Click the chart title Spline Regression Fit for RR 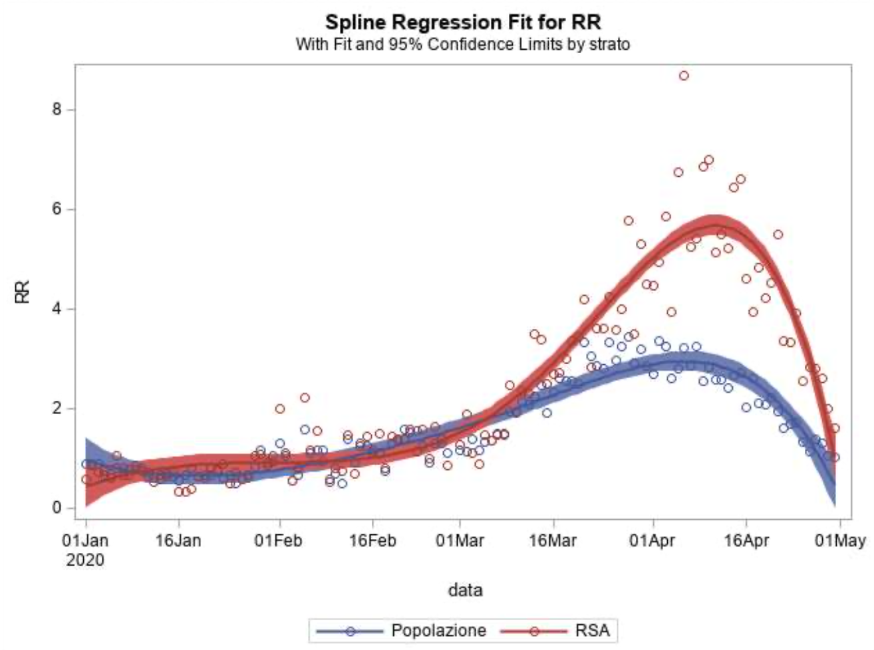click(x=463, y=22)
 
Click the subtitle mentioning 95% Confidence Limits click(x=463, y=45)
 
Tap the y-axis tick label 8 click(x=58, y=110)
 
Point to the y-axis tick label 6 click(x=58, y=209)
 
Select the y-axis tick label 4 click(x=58, y=309)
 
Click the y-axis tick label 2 click(x=58, y=409)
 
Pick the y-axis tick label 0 click(x=58, y=508)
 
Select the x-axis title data click(x=465, y=590)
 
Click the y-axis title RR click(x=23, y=291)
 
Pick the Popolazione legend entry click(x=438, y=630)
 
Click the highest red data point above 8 click(x=684, y=76)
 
